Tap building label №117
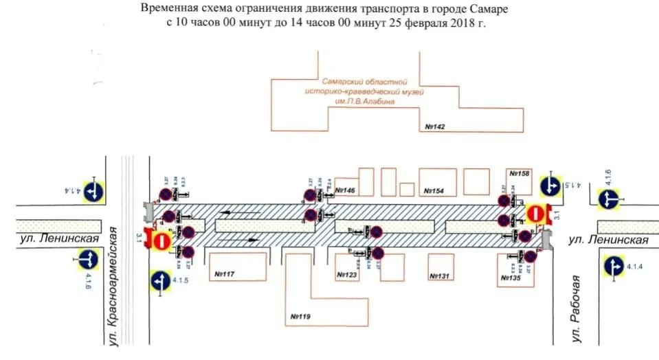click(x=225, y=275)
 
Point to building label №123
click(x=347, y=275)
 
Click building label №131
click(x=438, y=275)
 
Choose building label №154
click(x=435, y=190)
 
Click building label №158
click(x=520, y=174)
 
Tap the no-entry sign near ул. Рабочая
click(x=536, y=214)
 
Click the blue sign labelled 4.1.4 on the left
click(x=93, y=190)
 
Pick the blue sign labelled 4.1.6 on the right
click(x=607, y=199)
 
